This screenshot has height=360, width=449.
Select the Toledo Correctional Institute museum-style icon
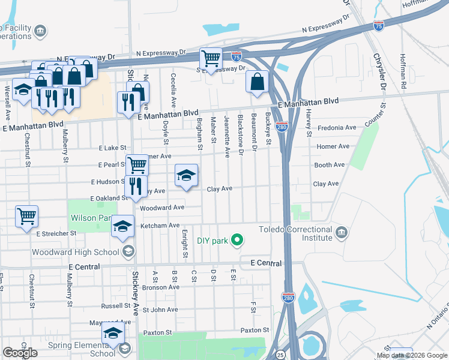342,232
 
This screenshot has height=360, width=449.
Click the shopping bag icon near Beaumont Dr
257,82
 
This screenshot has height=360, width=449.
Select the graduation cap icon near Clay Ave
186,175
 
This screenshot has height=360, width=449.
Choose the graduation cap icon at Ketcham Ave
123,226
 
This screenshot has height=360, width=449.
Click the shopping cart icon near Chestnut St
26,216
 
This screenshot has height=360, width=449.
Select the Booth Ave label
329,165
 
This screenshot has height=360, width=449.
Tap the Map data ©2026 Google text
412,355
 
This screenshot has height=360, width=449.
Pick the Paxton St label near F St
255,330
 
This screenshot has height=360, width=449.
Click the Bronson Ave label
160,287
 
